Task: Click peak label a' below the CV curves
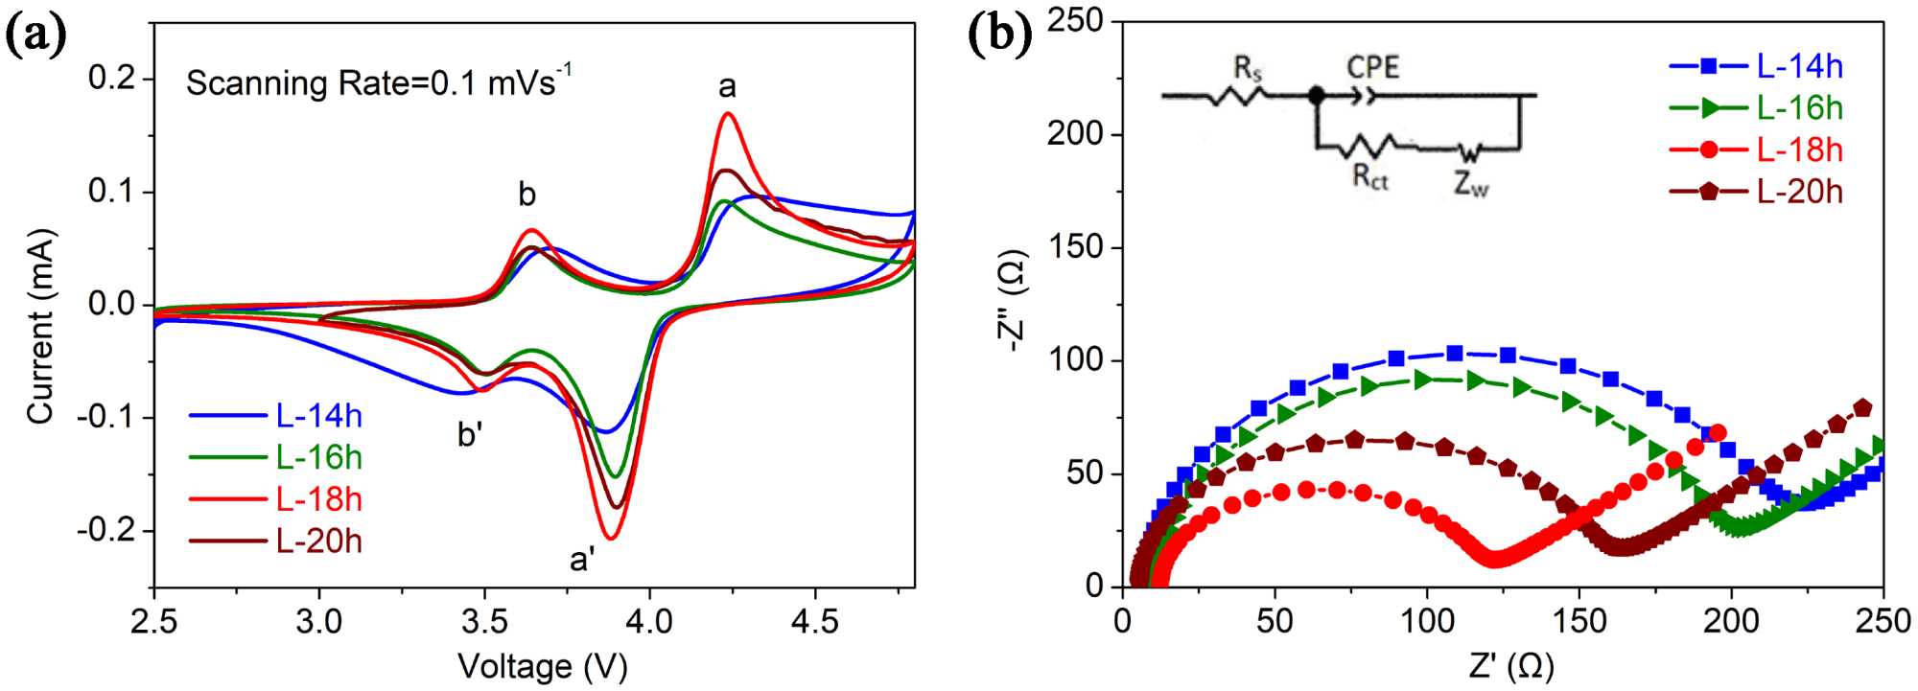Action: coord(582,559)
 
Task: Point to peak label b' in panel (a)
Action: coord(470,434)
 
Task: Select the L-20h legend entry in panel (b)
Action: coord(1799,192)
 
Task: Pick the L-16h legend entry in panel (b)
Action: coord(1799,108)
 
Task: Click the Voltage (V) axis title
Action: coord(542,666)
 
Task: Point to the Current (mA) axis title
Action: coord(40,326)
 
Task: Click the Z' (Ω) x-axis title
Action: coord(1510,666)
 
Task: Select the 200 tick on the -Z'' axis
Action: coord(1077,134)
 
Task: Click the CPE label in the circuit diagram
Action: coord(1372,67)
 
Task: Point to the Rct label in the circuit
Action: coord(1370,177)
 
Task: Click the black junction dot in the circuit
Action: coord(1317,95)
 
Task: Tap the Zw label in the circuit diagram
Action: coord(1471,183)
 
